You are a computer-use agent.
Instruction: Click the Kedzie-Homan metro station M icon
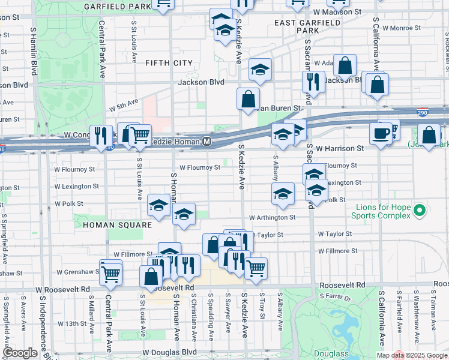pos(206,142)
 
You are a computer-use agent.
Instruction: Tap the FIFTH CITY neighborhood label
pos(169,63)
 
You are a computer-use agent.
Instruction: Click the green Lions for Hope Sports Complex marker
pos(420,211)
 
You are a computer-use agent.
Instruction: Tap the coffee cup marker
pos(381,133)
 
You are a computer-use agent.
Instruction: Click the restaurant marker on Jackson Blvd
pos(313,80)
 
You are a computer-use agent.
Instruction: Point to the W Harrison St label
pos(340,148)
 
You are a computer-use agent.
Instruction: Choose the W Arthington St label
pos(273,217)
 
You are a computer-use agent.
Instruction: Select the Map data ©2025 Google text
pos(412,355)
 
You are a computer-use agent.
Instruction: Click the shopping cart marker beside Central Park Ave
pos(110,274)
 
